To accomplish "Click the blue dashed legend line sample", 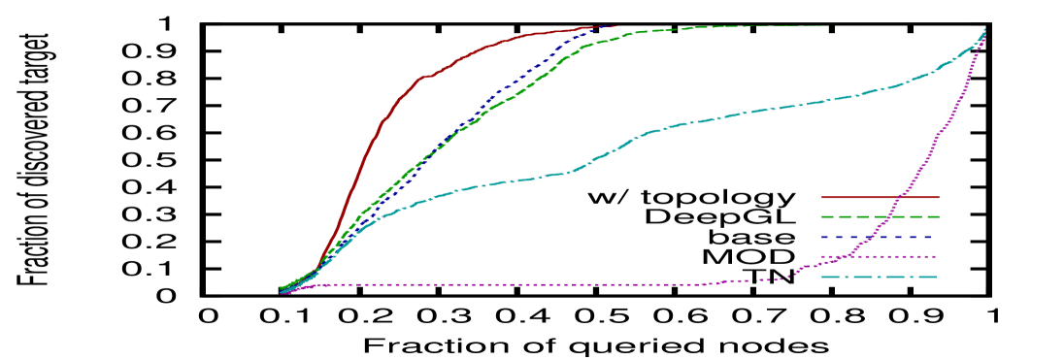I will [854, 237].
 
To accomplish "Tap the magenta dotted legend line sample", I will [854, 257].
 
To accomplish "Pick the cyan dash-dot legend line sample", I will [854, 278].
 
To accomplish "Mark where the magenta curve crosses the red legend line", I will [900, 197].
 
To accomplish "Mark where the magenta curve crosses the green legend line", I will [889, 216].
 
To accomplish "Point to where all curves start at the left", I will [283, 290].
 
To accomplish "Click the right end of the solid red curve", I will [619, 26].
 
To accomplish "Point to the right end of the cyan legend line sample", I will [938, 278].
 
